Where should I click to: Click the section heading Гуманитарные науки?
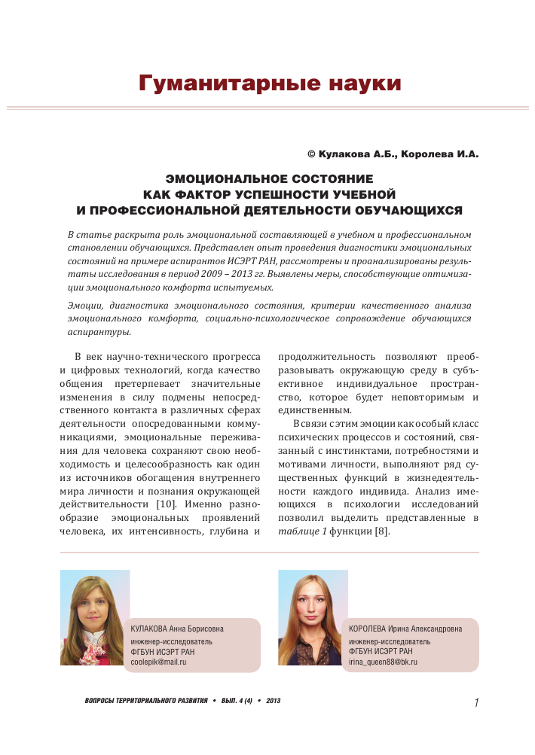270,83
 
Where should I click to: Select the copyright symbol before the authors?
311,154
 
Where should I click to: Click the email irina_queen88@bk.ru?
383,662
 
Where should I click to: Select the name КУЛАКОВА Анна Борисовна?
177,629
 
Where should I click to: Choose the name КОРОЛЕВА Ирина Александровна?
405,629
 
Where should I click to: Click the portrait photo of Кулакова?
95,617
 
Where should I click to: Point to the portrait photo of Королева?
313,617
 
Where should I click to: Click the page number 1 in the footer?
477,703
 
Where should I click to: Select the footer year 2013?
274,701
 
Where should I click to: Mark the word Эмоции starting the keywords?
84,305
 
